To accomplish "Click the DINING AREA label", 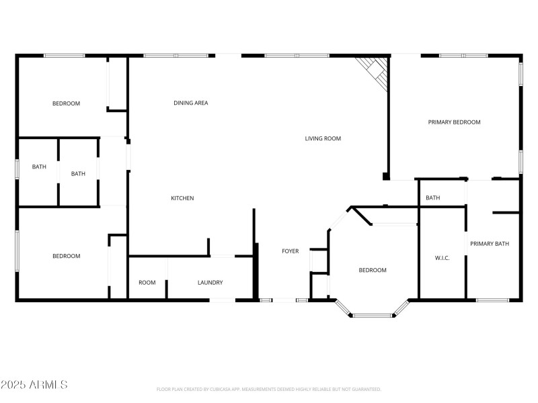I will click(x=191, y=103).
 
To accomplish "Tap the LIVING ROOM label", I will click(x=323, y=138).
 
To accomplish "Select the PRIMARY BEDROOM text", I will click(x=455, y=122).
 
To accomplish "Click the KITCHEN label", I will click(x=182, y=198).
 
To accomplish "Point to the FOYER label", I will click(x=290, y=251).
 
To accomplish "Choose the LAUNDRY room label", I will click(x=210, y=282).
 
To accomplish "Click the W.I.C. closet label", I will click(x=442, y=258).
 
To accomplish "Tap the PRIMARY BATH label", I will click(x=490, y=243).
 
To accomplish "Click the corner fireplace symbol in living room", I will click(x=375, y=71).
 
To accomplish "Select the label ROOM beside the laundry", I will click(x=147, y=282).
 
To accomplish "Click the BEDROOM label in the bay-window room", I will click(x=373, y=270).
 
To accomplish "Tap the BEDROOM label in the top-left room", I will click(x=67, y=103).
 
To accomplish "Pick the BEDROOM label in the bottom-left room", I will click(x=67, y=256).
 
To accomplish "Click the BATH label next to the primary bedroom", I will click(x=432, y=197).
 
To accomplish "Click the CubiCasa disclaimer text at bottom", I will click(x=269, y=389).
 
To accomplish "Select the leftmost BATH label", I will click(x=39, y=167).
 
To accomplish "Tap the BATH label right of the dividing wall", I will click(x=79, y=173).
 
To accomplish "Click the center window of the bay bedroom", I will click(x=373, y=315).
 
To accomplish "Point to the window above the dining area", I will click(x=176, y=56).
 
